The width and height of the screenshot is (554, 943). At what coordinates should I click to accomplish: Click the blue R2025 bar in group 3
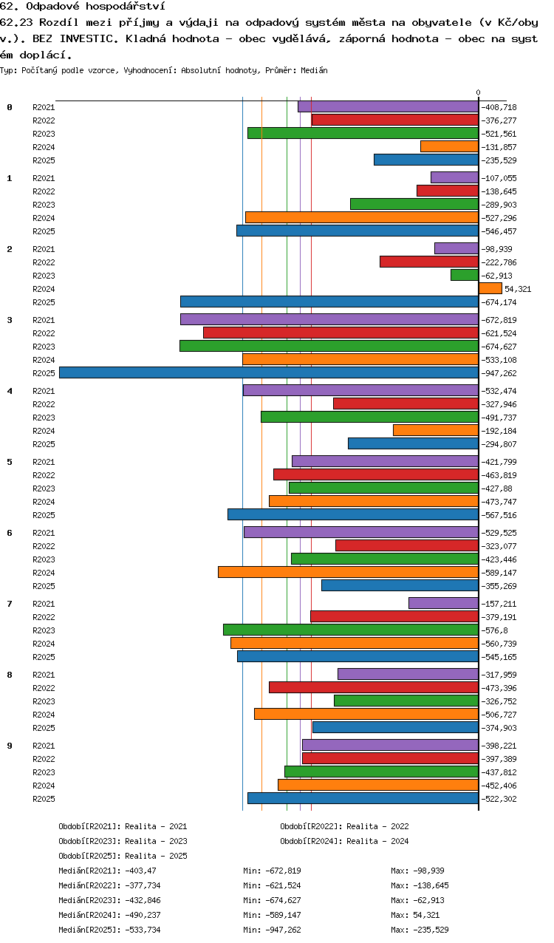click(x=269, y=372)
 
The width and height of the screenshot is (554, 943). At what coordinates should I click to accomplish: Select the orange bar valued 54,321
click(x=490, y=288)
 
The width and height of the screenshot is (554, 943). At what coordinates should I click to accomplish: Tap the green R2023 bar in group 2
click(x=465, y=275)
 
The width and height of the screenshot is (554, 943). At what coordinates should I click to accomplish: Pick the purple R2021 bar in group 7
click(x=444, y=603)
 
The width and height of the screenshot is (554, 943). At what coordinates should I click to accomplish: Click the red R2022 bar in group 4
click(x=406, y=404)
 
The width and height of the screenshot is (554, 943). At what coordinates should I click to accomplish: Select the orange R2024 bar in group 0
click(x=450, y=146)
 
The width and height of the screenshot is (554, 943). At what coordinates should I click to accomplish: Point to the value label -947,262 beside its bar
click(x=499, y=373)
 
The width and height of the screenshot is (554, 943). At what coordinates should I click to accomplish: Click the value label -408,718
click(x=499, y=107)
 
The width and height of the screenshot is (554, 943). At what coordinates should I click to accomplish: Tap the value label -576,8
click(x=495, y=630)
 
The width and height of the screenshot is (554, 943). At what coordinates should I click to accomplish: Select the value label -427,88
click(x=497, y=488)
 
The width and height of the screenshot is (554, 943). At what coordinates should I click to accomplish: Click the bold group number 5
click(x=10, y=462)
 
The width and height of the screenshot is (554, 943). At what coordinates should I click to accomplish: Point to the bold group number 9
click(x=10, y=746)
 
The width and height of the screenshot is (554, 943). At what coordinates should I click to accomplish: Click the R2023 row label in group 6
click(x=44, y=559)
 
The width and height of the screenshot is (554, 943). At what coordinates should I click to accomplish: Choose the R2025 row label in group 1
click(x=44, y=231)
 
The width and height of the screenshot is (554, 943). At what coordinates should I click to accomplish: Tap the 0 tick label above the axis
click(x=478, y=92)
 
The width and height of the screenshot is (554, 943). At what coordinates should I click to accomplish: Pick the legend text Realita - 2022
click(x=377, y=826)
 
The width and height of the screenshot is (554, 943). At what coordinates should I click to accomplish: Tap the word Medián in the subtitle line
click(x=314, y=70)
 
